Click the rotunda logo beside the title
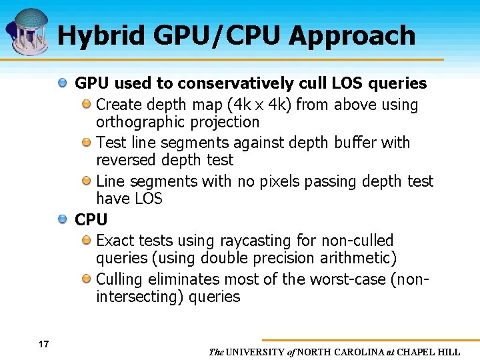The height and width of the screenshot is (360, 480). coord(28,29)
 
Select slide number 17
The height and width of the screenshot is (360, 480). coord(43,344)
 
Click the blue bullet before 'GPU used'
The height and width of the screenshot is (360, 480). coord(62,83)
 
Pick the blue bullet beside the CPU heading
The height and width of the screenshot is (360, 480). coord(62,219)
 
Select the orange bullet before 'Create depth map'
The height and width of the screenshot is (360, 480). coord(86,105)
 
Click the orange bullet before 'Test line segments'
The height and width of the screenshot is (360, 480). coord(86,143)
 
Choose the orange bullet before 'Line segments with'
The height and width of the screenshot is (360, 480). coord(86,181)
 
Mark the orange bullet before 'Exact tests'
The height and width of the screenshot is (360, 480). coord(86,240)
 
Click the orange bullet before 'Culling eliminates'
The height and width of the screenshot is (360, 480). coord(86,279)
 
